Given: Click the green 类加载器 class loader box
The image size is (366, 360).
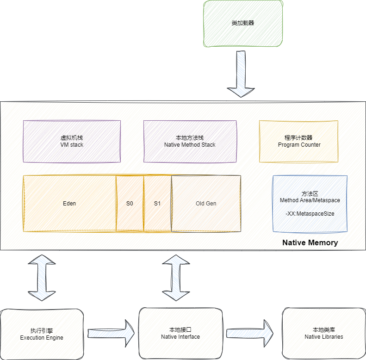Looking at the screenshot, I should pyautogui.click(x=243, y=23).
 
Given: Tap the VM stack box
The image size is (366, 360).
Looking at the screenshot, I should pyautogui.click(x=71, y=141).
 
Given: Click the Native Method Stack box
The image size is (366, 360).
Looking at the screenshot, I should pyautogui.click(x=190, y=141).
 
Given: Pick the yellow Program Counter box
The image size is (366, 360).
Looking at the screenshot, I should pyautogui.click(x=299, y=141).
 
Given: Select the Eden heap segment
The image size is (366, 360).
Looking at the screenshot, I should pyautogui.click(x=69, y=204).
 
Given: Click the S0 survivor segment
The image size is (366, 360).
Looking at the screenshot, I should pyautogui.click(x=130, y=204).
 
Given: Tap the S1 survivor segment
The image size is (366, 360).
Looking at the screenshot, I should pyautogui.click(x=157, y=204).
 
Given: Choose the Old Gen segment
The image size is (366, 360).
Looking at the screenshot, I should pyautogui.click(x=206, y=204).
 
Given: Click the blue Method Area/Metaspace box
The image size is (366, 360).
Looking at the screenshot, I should pyautogui.click(x=310, y=204).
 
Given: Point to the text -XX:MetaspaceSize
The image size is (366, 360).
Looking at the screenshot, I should pyautogui.click(x=310, y=214).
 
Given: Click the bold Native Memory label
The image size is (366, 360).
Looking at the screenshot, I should pyautogui.click(x=310, y=243).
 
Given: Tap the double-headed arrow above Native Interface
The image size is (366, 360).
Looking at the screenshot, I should pyautogui.click(x=176, y=277).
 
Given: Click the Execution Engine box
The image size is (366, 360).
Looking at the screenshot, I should pyautogui.click(x=42, y=334).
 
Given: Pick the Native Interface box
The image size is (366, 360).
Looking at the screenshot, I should pyautogui.click(x=180, y=333).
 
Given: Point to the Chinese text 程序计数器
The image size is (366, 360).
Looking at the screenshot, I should pyautogui.click(x=299, y=138).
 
